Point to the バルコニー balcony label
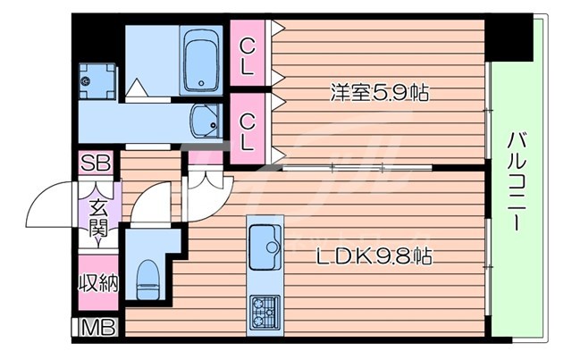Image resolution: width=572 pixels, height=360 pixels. pos(516,182)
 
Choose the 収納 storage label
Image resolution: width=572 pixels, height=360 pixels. pos(97,284)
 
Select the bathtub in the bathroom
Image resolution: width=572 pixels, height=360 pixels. pos(198,63)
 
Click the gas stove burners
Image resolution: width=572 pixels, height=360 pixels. pos(265,311)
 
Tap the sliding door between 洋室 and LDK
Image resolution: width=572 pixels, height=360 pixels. pos(357,167)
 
